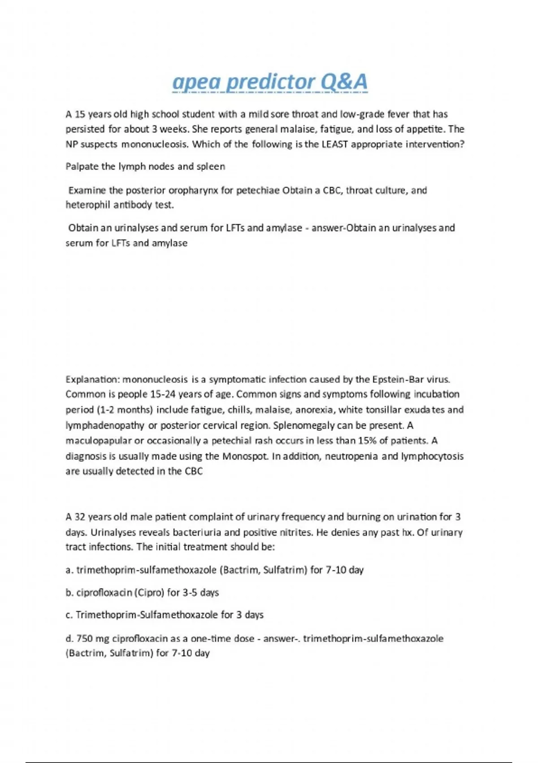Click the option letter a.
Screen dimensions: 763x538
click(69, 570)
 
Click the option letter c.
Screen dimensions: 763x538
click(69, 615)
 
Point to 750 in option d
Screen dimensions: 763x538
click(84, 639)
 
